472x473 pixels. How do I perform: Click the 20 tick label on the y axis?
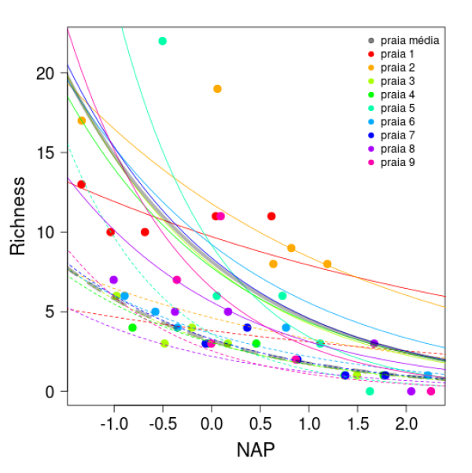[x=46, y=73]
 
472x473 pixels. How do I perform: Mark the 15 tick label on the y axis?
[x=46, y=153]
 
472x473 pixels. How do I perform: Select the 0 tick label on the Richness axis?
[x=51, y=391]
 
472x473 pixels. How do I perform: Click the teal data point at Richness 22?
[x=163, y=41]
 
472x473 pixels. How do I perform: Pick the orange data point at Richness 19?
[x=217, y=89]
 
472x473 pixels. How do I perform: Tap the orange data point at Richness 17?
[x=82, y=120]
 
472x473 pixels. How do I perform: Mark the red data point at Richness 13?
[x=81, y=184]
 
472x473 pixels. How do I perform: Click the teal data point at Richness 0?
[x=370, y=391]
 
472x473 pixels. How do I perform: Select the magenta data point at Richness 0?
[x=430, y=391]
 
